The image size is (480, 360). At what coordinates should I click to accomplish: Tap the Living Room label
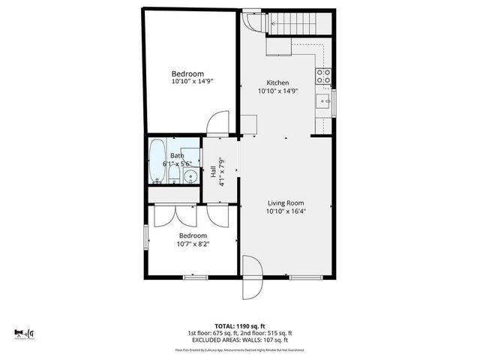tap(286, 202)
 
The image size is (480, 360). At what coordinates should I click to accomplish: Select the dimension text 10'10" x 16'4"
tap(286, 211)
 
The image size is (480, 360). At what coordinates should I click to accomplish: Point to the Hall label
tap(213, 172)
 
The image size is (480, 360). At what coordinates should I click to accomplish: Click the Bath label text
tap(176, 156)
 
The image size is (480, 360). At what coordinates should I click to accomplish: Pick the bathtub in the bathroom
tap(157, 160)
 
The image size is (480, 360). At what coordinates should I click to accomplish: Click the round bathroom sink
tap(190, 178)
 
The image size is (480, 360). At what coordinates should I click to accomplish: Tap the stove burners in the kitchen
tap(324, 76)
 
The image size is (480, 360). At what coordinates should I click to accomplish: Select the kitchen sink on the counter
tap(325, 100)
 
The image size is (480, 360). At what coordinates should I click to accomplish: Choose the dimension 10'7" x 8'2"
tap(193, 244)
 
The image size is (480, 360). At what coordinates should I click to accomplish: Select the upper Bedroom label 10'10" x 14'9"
tap(187, 78)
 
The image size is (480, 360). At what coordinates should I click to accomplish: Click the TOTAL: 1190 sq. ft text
tap(240, 326)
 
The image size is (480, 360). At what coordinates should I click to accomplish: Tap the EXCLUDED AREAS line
tap(240, 340)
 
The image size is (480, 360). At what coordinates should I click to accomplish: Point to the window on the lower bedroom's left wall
tap(146, 235)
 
